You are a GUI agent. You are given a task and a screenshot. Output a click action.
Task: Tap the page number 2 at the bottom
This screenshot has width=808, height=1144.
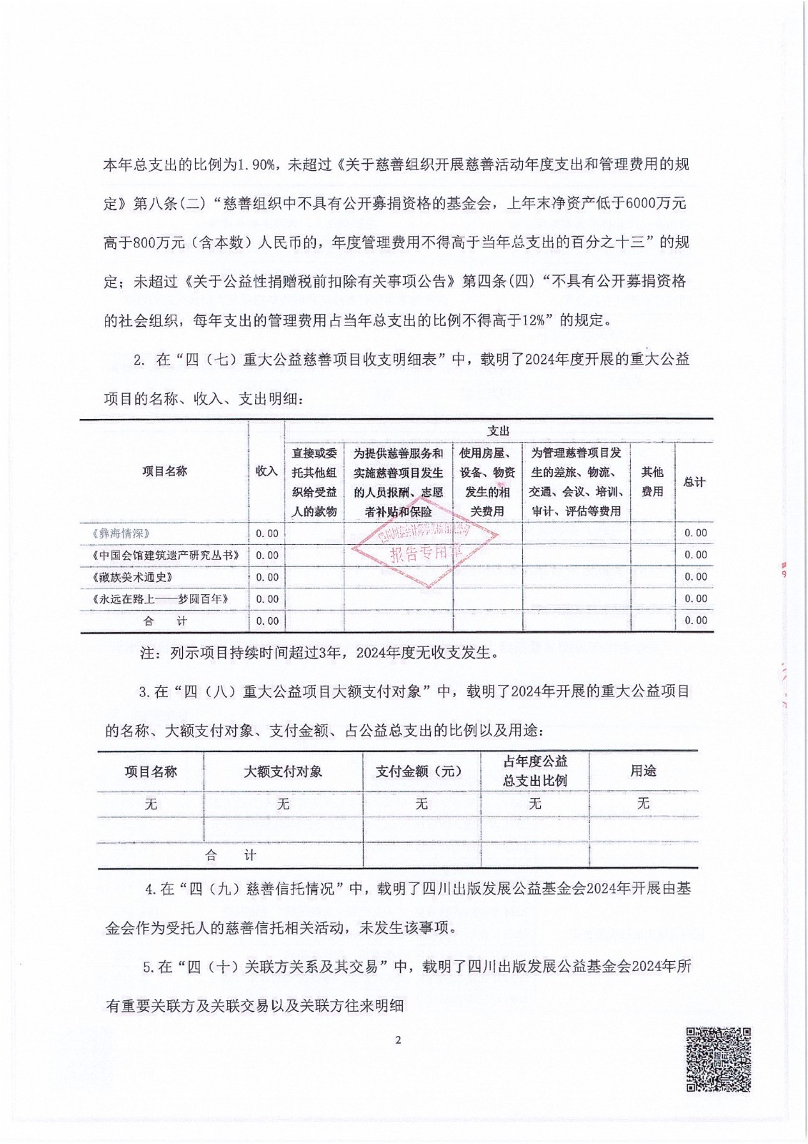(x=398, y=1040)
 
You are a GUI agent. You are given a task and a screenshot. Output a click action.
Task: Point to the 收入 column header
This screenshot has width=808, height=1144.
(x=266, y=471)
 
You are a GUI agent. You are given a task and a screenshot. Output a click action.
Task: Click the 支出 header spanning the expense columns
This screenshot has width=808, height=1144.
(x=498, y=430)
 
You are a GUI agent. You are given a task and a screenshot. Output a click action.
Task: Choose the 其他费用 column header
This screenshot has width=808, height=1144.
(x=652, y=481)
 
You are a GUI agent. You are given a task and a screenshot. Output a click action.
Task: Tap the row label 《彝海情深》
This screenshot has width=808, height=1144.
(x=121, y=533)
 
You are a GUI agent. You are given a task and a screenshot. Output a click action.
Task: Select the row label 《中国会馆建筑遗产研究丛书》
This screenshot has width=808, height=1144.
(x=165, y=555)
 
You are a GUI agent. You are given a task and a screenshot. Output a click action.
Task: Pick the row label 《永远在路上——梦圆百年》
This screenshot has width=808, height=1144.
(x=160, y=598)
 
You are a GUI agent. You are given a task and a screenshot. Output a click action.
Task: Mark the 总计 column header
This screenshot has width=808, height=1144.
(x=694, y=481)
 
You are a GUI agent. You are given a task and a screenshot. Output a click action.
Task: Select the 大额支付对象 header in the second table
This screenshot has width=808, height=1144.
(x=283, y=771)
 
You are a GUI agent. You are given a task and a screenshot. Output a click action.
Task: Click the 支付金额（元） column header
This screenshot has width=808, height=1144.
(x=421, y=771)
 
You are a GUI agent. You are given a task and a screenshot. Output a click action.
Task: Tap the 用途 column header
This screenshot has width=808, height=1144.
(x=643, y=771)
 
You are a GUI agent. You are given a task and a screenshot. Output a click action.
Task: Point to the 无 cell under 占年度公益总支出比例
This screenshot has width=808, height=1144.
(x=535, y=804)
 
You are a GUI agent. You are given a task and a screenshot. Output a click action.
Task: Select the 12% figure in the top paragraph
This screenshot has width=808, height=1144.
(x=534, y=320)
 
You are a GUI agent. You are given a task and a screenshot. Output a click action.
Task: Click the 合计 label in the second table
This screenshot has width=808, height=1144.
(x=230, y=855)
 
